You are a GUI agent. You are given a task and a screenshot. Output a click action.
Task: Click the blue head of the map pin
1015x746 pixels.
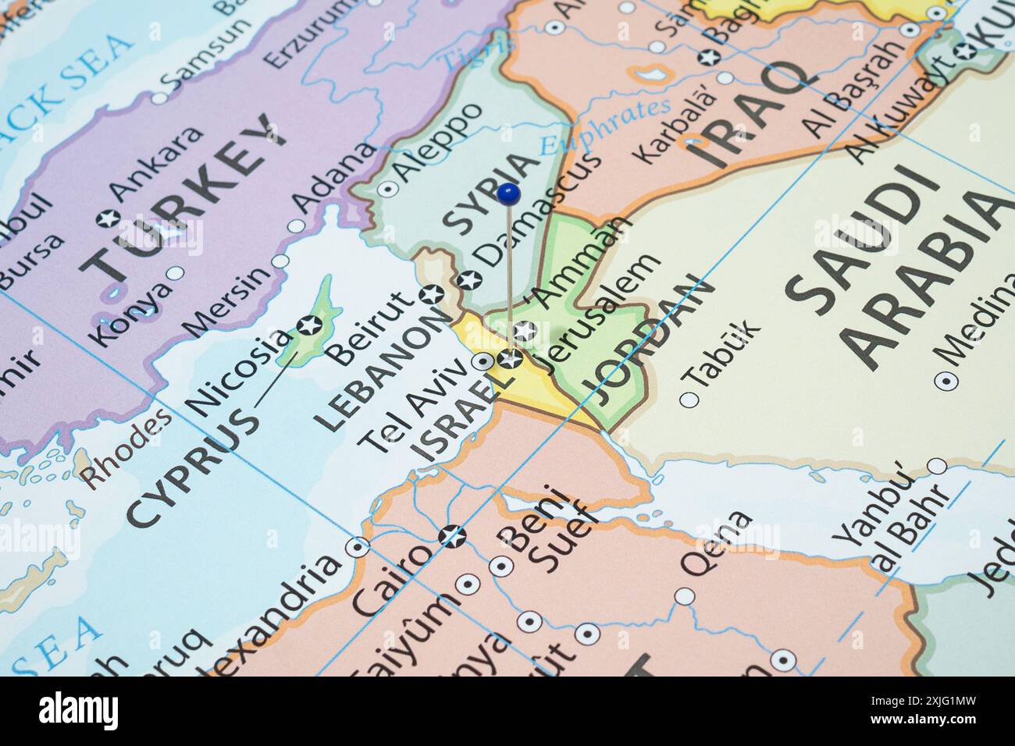[508, 192]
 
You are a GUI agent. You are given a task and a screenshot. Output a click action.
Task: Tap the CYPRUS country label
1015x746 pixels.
[192, 467]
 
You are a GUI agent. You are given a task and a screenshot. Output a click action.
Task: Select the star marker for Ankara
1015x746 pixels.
[107, 218]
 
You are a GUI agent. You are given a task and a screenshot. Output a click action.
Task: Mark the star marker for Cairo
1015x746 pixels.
[451, 536]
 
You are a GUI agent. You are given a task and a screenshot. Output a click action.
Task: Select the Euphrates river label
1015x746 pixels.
[606, 127]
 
